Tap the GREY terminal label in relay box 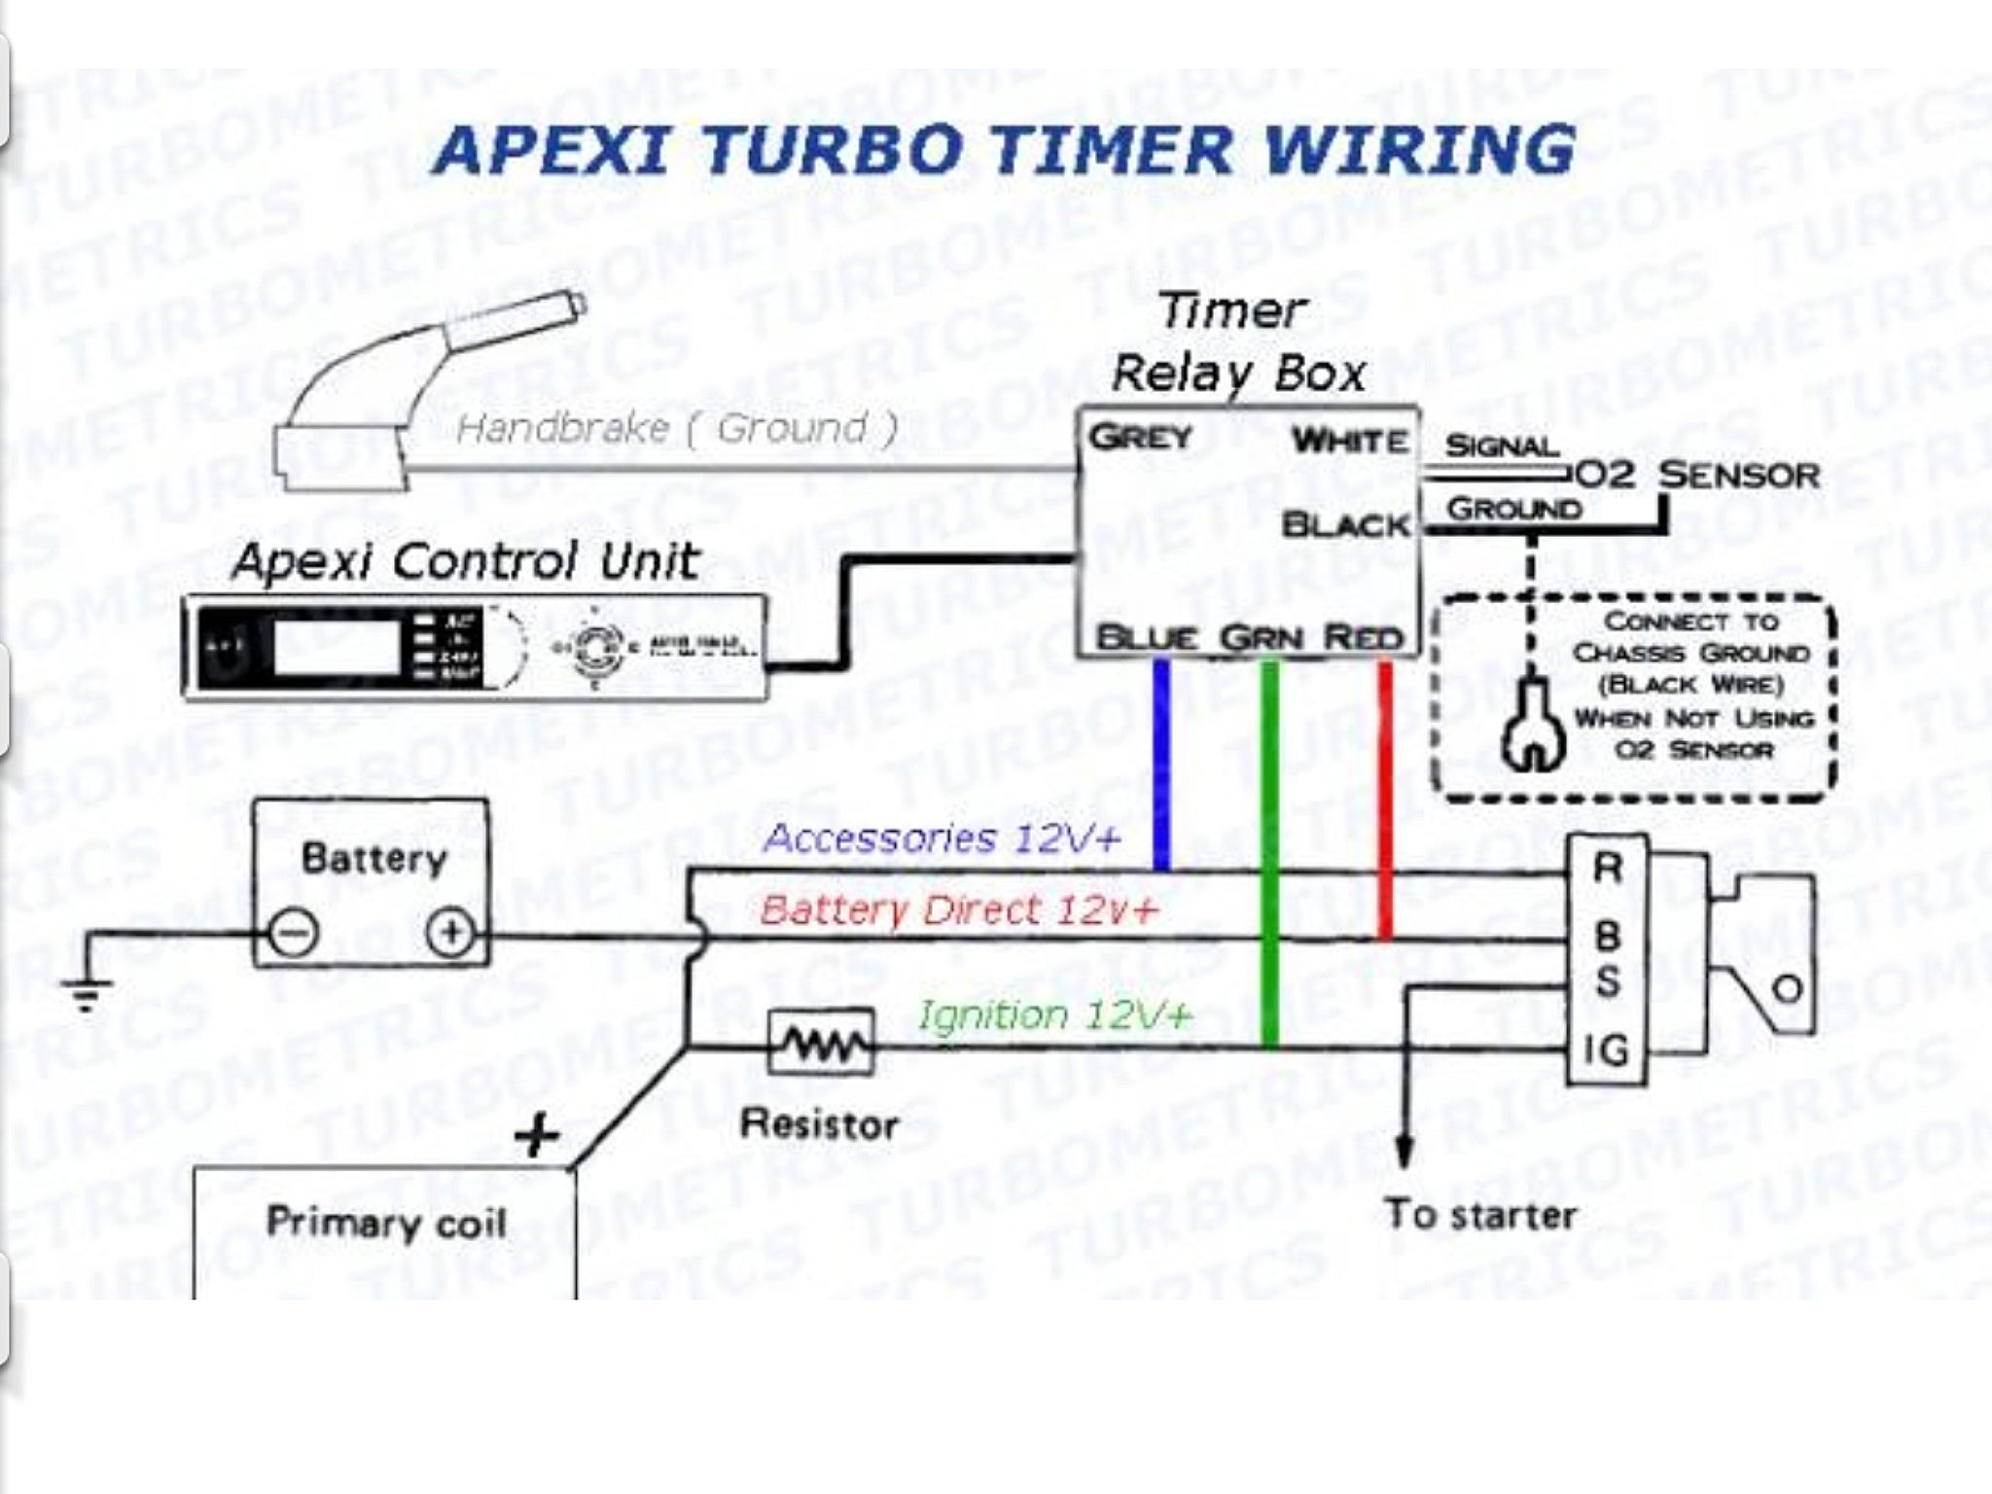[x=1140, y=437]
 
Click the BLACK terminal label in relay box [x=1345, y=525]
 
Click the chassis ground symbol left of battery [x=87, y=992]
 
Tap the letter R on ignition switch [x=1607, y=869]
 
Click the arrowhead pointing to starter [x=1404, y=1153]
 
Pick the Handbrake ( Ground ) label [x=676, y=428]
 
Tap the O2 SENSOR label [x=1697, y=476]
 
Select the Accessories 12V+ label [x=941, y=837]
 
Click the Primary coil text [x=386, y=1223]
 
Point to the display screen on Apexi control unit [x=337, y=644]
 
